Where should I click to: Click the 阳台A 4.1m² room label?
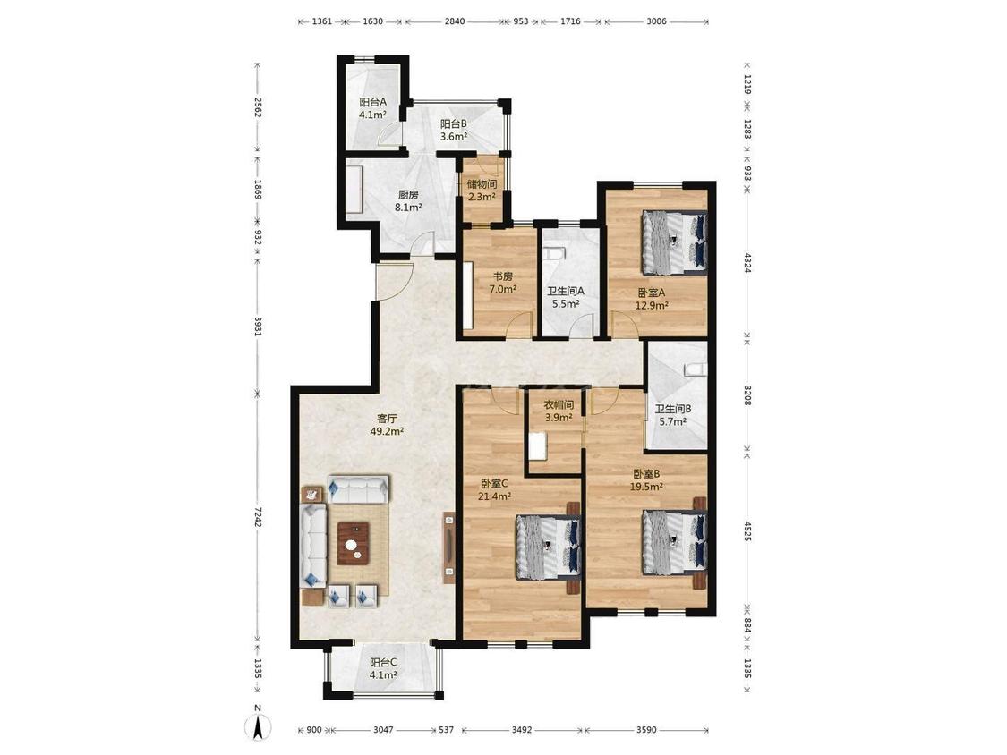pyautogui.click(x=372, y=108)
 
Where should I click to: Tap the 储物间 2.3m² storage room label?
pyautogui.click(x=482, y=190)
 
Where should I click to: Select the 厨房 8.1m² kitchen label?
pyautogui.click(x=408, y=200)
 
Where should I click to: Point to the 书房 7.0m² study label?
pyautogui.click(x=503, y=283)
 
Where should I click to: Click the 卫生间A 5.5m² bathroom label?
pyautogui.click(x=565, y=297)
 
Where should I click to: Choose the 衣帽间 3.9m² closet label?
pyautogui.click(x=559, y=411)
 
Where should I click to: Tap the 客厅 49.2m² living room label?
pyautogui.click(x=387, y=424)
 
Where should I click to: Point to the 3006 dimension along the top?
pyautogui.click(x=656, y=21)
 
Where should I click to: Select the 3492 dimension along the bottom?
pyautogui.click(x=521, y=729)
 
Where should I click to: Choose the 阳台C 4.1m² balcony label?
pyautogui.click(x=383, y=669)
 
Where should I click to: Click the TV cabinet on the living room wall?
pyautogui.click(x=449, y=547)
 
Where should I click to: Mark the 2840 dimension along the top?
pyautogui.click(x=454, y=21)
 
